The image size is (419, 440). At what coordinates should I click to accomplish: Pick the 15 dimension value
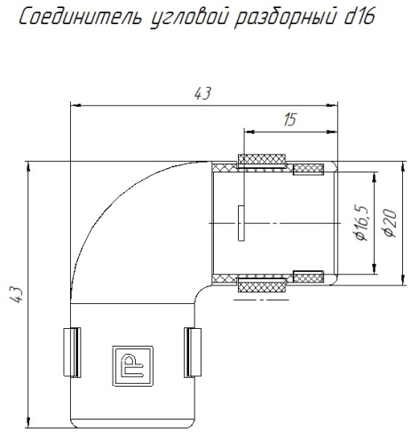tap(289, 121)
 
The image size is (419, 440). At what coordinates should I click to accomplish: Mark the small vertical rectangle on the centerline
tap(241, 222)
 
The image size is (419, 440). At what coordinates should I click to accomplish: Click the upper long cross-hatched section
tap(263, 164)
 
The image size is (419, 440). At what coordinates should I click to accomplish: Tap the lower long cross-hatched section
tap(263, 283)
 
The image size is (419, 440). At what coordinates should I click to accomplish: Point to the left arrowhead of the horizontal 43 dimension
tap(75, 105)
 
